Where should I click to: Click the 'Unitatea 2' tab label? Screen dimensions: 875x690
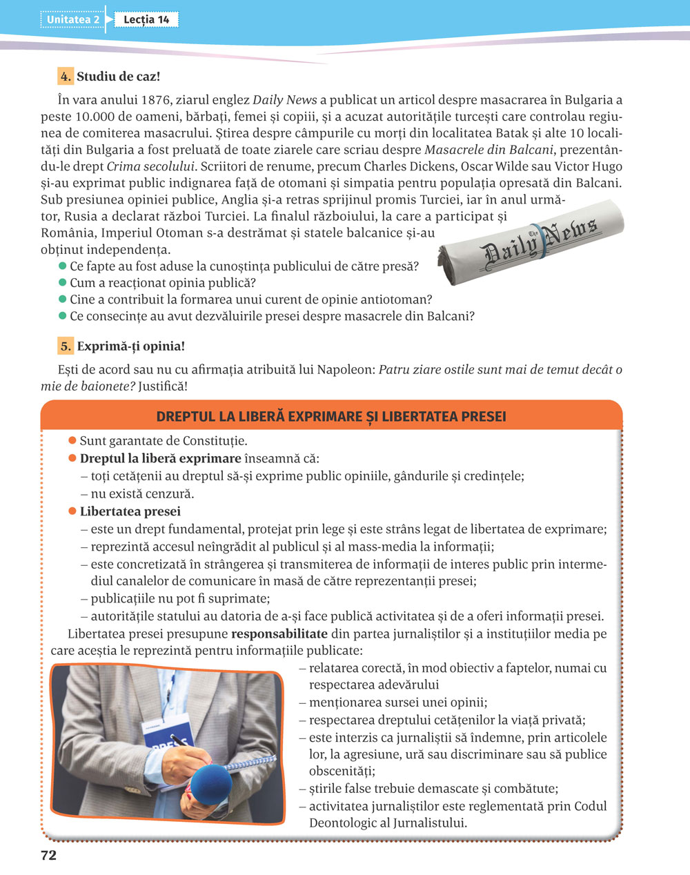[x=72, y=20]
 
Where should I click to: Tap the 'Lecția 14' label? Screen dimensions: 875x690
[x=146, y=20]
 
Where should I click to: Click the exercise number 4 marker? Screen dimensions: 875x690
[x=66, y=77]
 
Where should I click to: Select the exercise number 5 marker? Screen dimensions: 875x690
[x=66, y=346]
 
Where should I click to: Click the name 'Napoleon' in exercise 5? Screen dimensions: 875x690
[x=346, y=369]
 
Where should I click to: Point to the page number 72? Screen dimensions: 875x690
[x=48, y=856]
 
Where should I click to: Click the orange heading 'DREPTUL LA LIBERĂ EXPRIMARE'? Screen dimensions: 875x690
[x=331, y=417]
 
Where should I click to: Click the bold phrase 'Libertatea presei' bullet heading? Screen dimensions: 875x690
[x=130, y=511]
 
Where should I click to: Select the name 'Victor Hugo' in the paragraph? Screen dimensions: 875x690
[x=591, y=166]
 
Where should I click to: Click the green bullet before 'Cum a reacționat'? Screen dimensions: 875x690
[x=63, y=282]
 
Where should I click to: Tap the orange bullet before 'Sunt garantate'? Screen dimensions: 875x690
[x=72, y=440]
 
